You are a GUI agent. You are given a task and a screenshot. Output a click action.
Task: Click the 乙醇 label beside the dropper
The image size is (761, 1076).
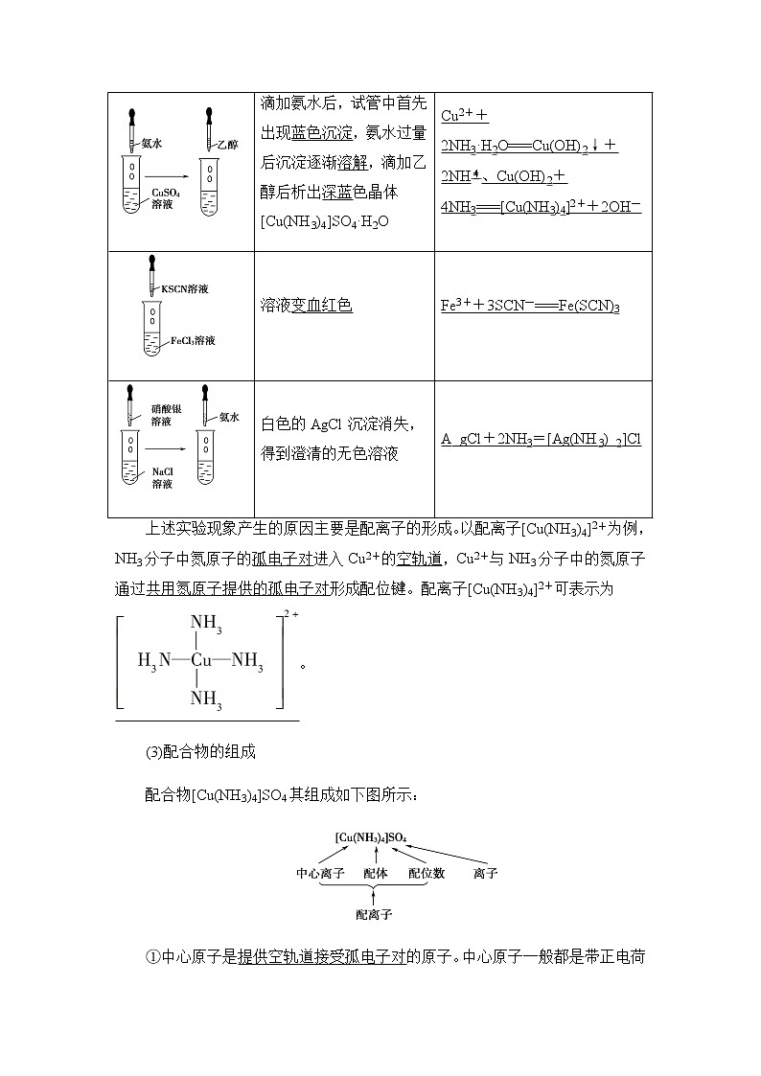(227, 145)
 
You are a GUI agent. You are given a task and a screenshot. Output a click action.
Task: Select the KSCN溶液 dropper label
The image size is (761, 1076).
(185, 288)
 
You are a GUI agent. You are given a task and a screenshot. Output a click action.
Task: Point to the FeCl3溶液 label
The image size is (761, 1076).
(193, 340)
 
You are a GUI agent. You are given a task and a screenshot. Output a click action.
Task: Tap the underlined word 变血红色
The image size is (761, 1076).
(320, 306)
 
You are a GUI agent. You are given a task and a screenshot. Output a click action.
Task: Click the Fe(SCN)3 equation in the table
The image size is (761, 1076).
(530, 307)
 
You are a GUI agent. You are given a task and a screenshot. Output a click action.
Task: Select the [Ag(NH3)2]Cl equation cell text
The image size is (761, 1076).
(541, 439)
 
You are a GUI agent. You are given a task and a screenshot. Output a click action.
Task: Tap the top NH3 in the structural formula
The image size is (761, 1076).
(206, 625)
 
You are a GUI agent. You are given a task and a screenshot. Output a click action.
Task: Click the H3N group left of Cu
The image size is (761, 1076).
(154, 660)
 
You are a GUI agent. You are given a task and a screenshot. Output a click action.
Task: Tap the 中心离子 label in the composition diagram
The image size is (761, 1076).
(320, 874)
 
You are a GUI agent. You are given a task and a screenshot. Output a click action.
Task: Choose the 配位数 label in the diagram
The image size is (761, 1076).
(427, 874)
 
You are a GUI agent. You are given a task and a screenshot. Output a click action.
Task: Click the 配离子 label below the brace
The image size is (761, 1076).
(374, 914)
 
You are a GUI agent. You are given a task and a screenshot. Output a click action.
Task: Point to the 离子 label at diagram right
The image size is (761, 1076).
(486, 874)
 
